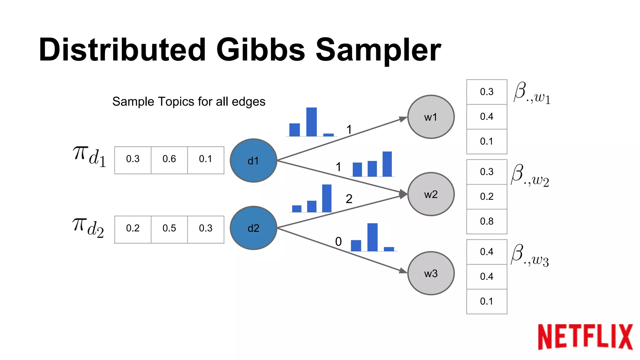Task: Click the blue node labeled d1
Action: [253, 161]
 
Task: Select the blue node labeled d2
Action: [253, 228]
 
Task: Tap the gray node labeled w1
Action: [431, 117]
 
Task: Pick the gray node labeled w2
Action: [431, 194]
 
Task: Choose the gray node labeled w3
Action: [431, 273]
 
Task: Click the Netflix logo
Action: [585, 337]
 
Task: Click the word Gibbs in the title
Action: [260, 50]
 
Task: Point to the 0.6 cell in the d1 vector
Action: [169, 159]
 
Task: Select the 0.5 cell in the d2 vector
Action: [169, 228]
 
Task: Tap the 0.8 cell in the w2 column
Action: [487, 221]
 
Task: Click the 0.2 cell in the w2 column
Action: [487, 197]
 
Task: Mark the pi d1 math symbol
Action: [89, 156]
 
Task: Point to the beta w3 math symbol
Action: [530, 255]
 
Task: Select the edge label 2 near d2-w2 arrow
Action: [349, 199]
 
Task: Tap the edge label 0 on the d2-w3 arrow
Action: [338, 242]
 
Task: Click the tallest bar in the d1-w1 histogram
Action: [311, 122]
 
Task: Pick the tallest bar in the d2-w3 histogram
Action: [372, 237]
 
